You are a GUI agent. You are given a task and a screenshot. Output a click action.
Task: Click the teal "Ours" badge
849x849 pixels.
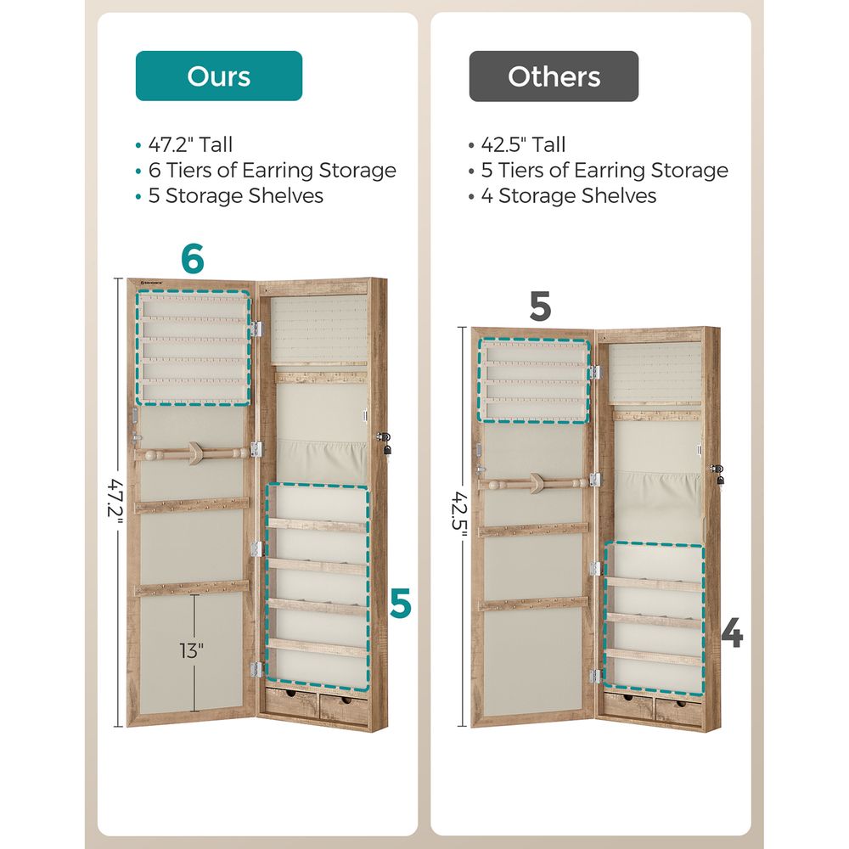[x=219, y=76]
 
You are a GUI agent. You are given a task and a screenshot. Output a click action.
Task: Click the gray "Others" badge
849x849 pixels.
[x=554, y=76]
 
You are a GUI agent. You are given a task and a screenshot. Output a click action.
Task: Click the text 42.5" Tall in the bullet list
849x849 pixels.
[x=523, y=145]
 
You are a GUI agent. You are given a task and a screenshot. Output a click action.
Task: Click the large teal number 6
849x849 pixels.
[x=193, y=259]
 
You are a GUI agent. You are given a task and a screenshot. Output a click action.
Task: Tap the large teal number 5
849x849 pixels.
[x=401, y=604]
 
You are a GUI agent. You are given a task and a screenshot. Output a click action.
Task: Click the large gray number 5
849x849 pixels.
[x=540, y=306]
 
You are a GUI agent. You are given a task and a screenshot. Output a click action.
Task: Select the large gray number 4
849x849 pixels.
[x=732, y=634]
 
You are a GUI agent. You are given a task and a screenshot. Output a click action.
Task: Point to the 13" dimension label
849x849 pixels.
[x=192, y=651]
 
